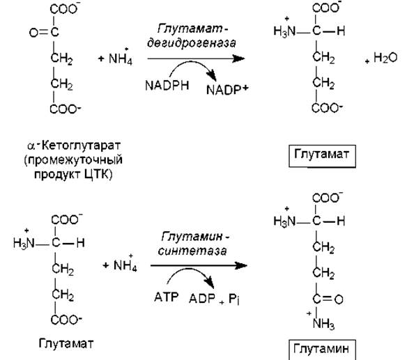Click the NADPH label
click(167, 86)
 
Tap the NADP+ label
click(227, 90)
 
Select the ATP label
click(166, 297)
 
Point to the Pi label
click(234, 299)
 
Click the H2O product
click(385, 58)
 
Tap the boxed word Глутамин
click(321, 349)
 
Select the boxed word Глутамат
click(321, 154)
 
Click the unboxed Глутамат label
click(66, 343)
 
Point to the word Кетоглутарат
click(81, 146)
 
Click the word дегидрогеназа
click(192, 43)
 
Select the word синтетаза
click(192, 251)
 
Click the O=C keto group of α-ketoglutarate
click(44, 33)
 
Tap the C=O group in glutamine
click(328, 299)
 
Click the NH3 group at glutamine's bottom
click(323, 323)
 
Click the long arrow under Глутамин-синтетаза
click(199, 265)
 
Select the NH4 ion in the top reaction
click(121, 58)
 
